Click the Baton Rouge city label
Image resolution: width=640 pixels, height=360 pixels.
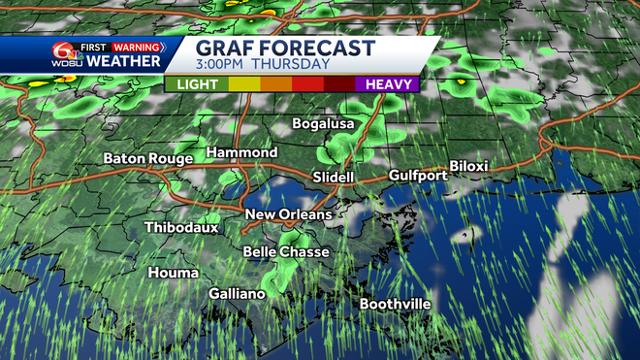(147, 158)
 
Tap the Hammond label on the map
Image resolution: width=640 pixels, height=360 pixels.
(242, 153)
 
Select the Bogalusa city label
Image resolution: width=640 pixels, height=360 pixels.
(325, 124)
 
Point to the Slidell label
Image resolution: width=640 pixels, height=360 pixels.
(334, 178)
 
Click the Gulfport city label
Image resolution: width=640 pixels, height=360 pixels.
(417, 176)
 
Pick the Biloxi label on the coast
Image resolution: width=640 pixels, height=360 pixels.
(468, 167)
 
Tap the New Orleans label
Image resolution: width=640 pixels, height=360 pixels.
(288, 214)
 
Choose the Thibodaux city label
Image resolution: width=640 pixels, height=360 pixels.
(181, 228)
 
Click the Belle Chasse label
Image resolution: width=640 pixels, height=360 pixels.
(286, 252)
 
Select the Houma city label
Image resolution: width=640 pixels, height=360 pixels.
(173, 274)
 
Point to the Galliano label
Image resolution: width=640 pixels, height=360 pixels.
(238, 293)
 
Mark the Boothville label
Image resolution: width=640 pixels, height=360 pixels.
(396, 304)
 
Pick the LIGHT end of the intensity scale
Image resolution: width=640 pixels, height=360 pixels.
(197, 84)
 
